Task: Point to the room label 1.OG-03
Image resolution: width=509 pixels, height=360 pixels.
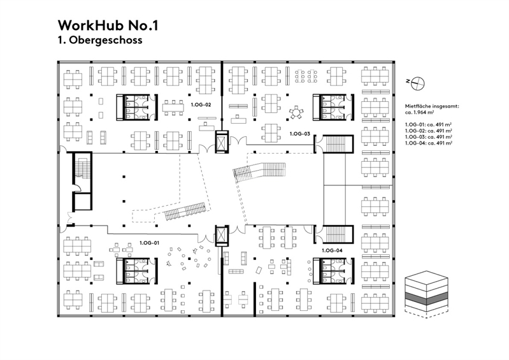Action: click(x=299, y=134)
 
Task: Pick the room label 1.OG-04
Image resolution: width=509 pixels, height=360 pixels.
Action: click(x=333, y=250)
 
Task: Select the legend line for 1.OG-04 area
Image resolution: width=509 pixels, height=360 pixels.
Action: click(x=429, y=143)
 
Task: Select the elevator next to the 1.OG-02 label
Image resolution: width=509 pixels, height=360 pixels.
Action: click(x=222, y=141)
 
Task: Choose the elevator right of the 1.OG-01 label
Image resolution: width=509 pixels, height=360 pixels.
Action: click(x=222, y=236)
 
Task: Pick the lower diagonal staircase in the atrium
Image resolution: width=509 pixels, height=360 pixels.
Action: click(x=184, y=212)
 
